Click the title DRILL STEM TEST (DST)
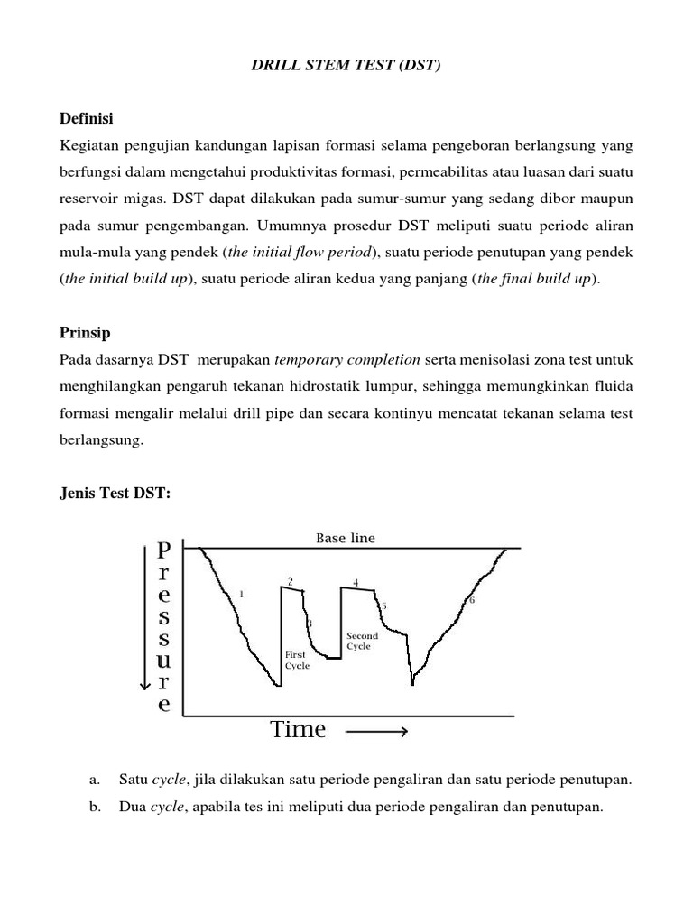346,67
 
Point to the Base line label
345,538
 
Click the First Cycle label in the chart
297,660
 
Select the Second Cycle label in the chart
363,641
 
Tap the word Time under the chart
298,729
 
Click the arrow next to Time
377,732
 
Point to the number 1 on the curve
242,594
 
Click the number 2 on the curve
290,581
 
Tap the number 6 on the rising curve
471,600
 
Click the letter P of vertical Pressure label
163,550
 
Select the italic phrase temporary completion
347,359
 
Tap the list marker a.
94,779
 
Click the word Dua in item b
132,807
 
